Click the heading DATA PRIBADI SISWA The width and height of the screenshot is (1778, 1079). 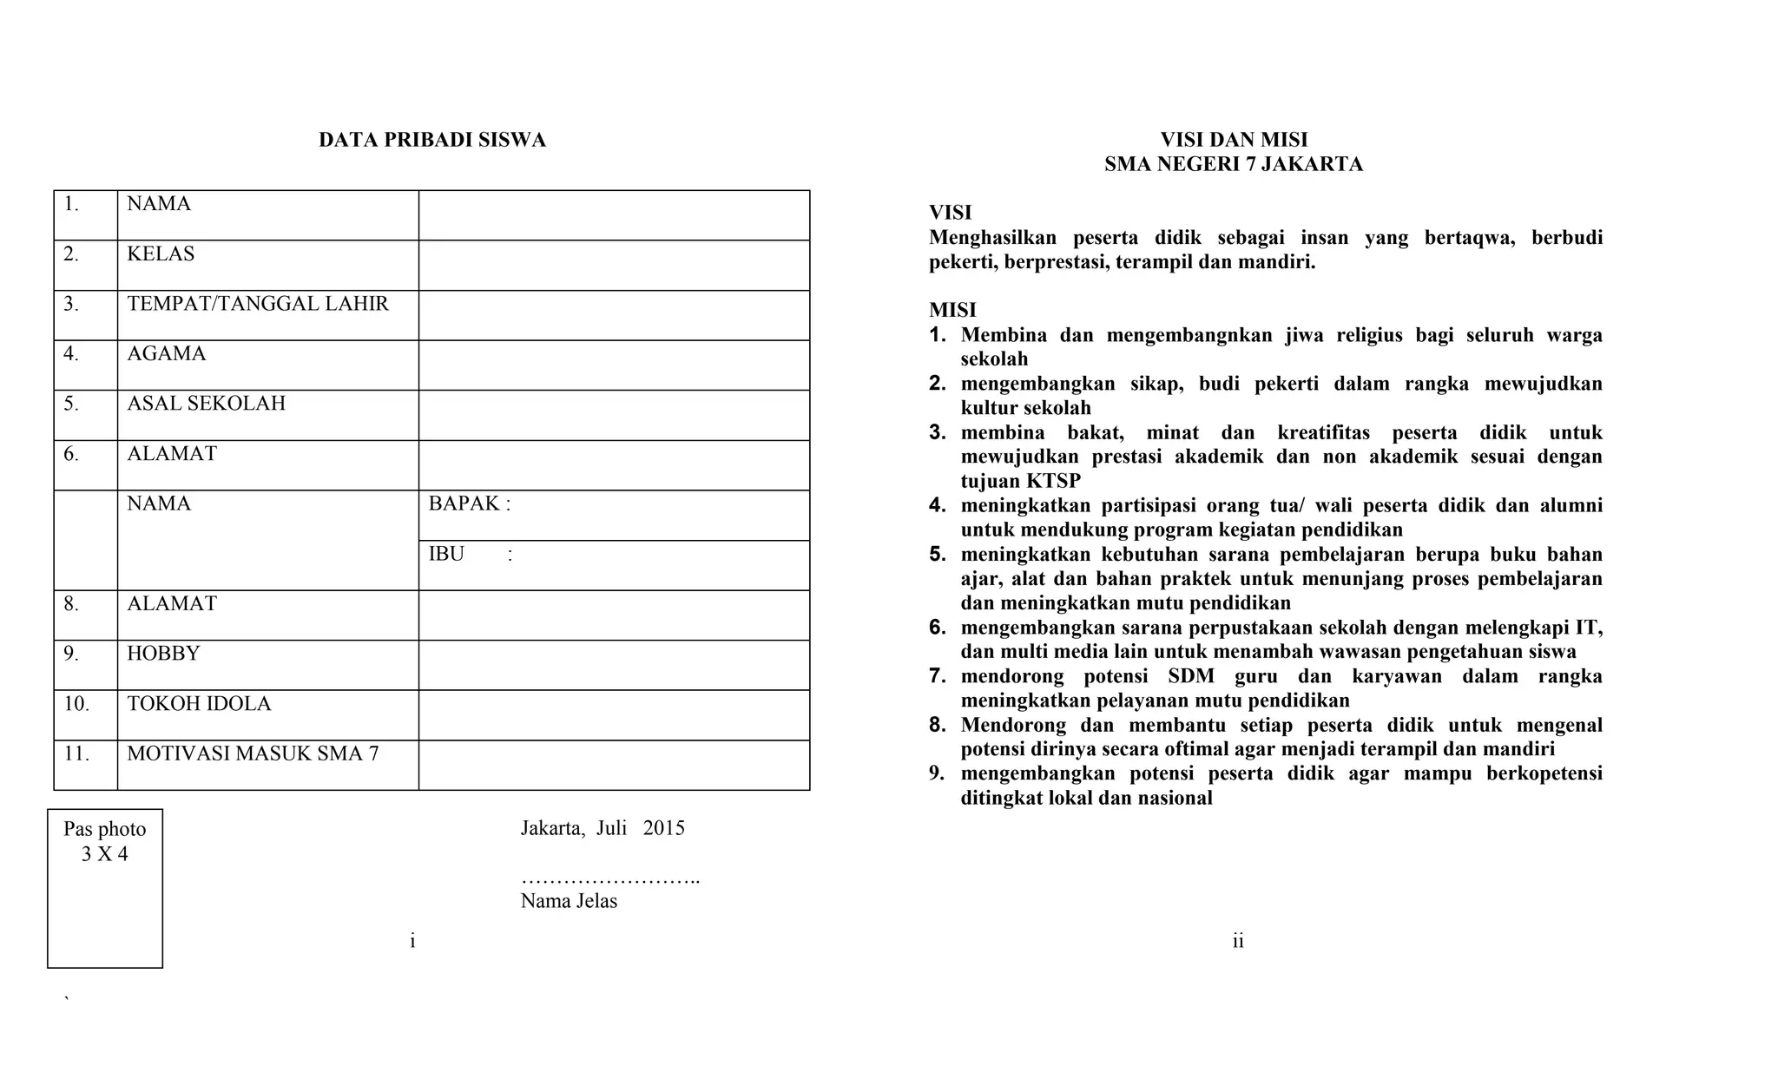(431, 140)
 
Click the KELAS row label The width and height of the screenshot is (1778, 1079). (161, 254)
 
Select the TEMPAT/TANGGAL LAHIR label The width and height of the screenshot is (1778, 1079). (258, 304)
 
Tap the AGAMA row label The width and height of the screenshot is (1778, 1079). (167, 354)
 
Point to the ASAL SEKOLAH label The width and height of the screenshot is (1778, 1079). (206, 404)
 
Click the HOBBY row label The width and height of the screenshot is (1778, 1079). (163, 654)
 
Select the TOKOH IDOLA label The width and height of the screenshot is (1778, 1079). (199, 704)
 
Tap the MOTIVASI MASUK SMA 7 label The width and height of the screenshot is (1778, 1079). (253, 753)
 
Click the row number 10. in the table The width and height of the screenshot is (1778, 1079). (76, 704)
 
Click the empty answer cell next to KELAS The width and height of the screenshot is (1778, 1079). (614, 265)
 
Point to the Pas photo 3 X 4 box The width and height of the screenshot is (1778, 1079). (105, 887)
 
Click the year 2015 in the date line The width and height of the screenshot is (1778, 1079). (664, 828)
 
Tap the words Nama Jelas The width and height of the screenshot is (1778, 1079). (569, 901)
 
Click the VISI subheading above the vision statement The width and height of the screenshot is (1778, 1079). (950, 213)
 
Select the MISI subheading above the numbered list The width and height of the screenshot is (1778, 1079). (952, 310)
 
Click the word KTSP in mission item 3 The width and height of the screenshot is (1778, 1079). (1053, 481)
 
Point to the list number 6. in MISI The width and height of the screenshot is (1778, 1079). (937, 627)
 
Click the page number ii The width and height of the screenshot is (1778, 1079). (1238, 941)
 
